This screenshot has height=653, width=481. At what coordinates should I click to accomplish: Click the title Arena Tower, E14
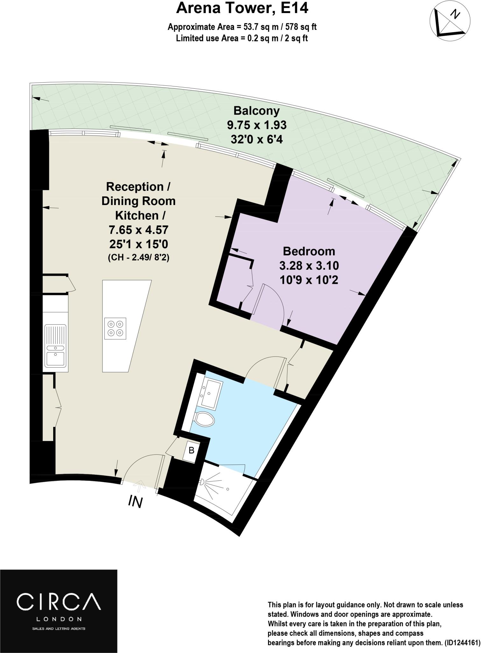point(242,8)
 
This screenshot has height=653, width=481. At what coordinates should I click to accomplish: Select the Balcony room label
point(256,111)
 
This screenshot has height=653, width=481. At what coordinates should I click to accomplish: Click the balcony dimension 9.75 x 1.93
point(256,125)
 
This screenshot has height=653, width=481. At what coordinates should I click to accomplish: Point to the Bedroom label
point(309,251)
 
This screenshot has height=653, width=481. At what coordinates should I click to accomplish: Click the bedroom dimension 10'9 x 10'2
point(309,280)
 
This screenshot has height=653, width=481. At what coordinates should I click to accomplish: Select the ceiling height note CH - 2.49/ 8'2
point(138,257)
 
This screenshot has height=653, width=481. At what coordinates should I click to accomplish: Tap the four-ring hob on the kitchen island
point(115,328)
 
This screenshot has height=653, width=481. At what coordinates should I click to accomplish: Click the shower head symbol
point(202,482)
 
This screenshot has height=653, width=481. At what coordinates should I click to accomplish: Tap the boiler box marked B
point(192,451)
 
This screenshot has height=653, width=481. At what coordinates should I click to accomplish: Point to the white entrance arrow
point(140,486)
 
